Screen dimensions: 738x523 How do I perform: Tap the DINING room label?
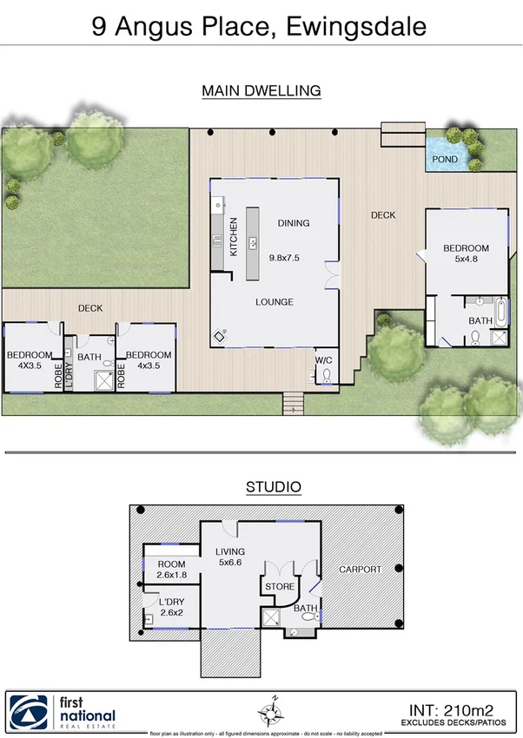tap(293, 223)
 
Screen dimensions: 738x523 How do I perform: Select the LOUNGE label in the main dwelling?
tap(274, 302)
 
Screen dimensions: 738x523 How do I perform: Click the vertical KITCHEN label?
tap(234, 237)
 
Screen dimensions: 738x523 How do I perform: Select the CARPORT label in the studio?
tap(360, 570)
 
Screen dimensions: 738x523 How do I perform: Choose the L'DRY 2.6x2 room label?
tap(172, 607)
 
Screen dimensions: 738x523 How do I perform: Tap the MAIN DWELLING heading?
tap(261, 90)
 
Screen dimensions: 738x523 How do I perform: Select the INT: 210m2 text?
tap(457, 707)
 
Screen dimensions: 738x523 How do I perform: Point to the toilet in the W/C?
tap(327, 376)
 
